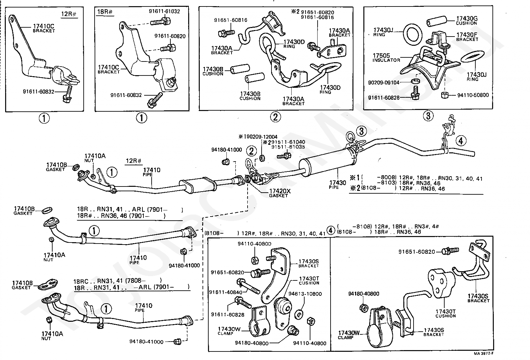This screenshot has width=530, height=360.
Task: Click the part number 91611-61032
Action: point(164,11)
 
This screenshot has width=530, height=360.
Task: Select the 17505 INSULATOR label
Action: point(386,58)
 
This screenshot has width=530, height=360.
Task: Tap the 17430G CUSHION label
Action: point(467,20)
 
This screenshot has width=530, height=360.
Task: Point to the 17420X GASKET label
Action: point(280,193)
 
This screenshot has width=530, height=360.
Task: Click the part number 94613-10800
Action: point(305,294)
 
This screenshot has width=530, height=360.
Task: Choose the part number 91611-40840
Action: point(226,292)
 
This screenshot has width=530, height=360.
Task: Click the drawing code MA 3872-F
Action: point(484,354)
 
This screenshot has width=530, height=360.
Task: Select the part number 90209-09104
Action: point(383,83)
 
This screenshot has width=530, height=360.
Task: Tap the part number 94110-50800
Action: point(473,95)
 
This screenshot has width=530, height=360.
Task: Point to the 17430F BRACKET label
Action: point(467,37)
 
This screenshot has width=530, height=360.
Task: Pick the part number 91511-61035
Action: point(288,147)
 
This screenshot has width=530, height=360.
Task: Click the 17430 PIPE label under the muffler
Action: point(338,185)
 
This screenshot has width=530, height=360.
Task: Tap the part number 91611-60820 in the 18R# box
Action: point(170,36)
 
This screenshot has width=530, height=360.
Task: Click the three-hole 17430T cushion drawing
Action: point(441,283)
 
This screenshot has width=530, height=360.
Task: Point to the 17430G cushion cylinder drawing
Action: point(436,21)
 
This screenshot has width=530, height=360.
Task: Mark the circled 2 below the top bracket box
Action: point(275,117)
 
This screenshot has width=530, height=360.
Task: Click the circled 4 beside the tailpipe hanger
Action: point(461,141)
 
